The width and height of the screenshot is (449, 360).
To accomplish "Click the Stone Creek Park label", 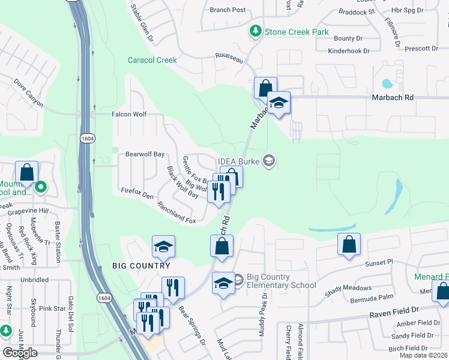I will [297, 31].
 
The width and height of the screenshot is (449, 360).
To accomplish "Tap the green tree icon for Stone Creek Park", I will [256, 31].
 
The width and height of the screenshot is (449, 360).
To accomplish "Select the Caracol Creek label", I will [152, 60].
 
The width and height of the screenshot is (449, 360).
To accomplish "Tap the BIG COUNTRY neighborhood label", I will [141, 266].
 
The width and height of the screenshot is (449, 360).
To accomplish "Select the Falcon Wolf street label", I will [129, 114].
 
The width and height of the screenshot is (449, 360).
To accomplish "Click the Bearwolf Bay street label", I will [145, 154].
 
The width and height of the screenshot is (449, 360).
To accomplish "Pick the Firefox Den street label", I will [137, 194].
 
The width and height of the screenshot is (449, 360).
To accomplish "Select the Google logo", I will [20, 353].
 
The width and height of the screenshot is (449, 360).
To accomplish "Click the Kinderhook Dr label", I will [337, 51].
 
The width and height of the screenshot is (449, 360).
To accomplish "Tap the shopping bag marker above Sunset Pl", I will [349, 245].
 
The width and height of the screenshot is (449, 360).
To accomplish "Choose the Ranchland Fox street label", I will [176, 212].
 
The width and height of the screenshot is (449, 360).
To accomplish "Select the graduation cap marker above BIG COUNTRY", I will [163, 246].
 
